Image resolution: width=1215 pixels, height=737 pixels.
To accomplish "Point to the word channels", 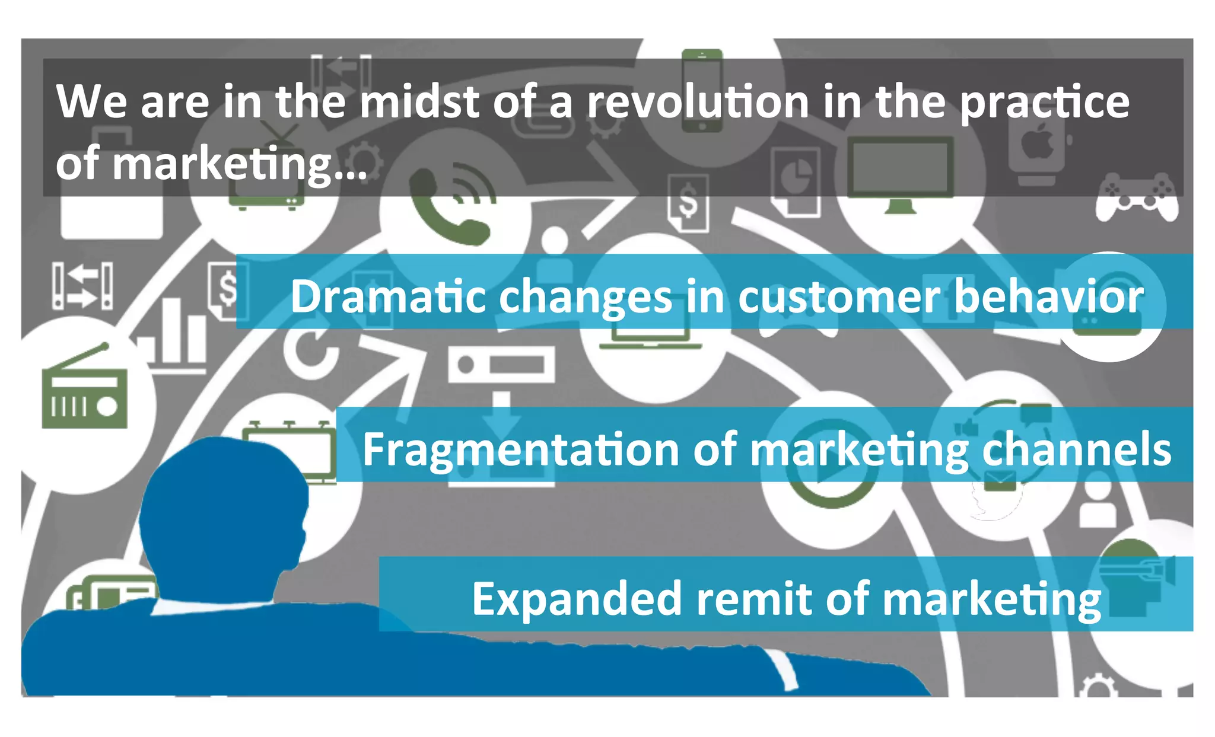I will [x=1076, y=449].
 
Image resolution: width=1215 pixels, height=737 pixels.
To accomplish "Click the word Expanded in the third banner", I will [x=575, y=599].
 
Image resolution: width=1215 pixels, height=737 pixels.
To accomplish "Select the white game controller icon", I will [x=1136, y=197].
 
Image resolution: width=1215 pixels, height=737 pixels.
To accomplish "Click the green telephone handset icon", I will [x=448, y=208].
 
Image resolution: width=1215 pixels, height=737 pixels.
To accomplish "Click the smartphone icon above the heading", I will [x=702, y=89].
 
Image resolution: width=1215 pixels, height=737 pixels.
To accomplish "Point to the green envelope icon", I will [x=1000, y=480].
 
